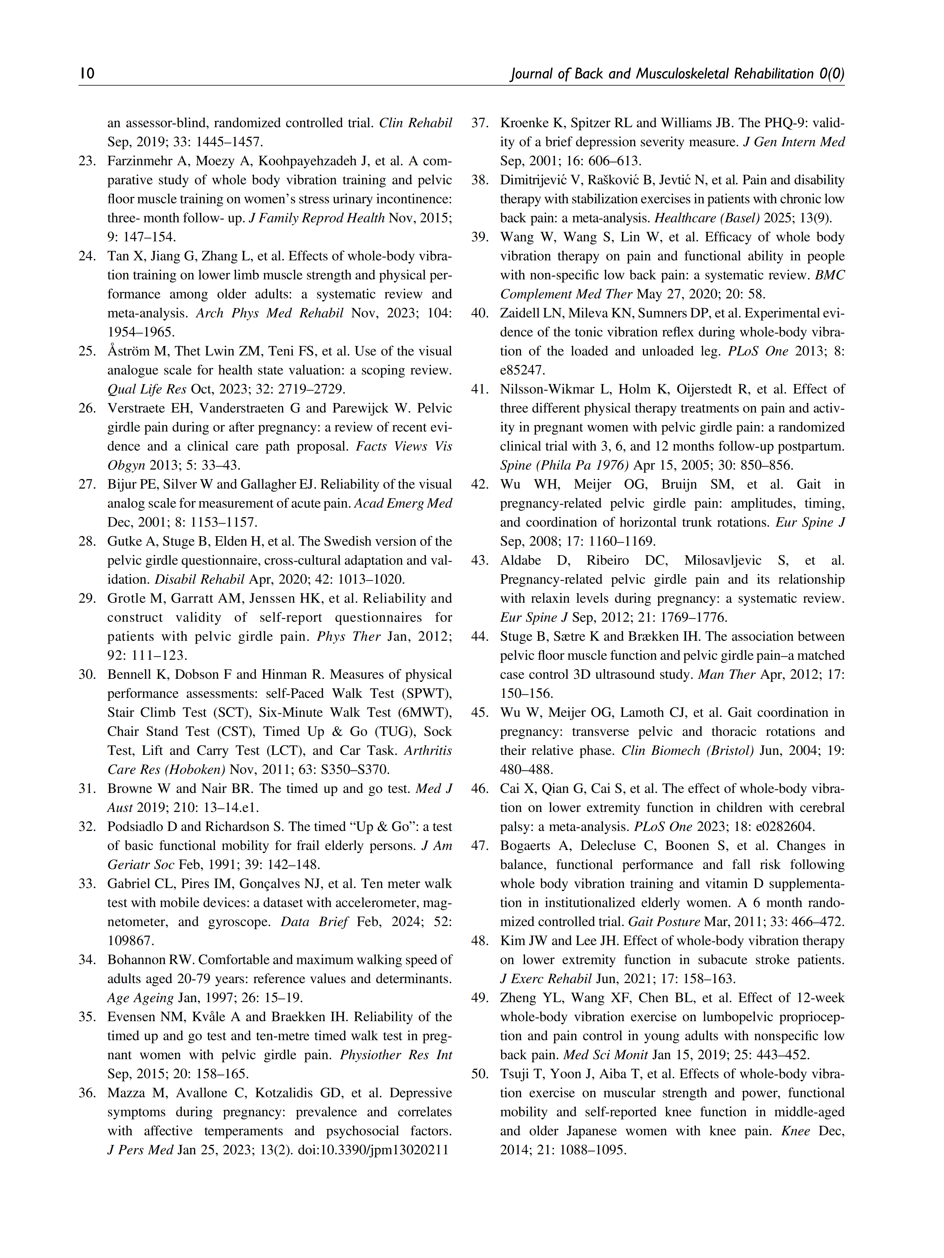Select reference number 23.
pos(87,161)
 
